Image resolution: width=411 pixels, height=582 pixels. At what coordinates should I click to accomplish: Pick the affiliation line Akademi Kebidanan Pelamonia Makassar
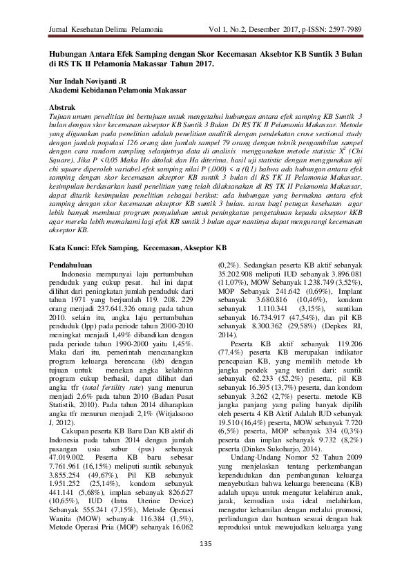pyautogui.click(x=115, y=91)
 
